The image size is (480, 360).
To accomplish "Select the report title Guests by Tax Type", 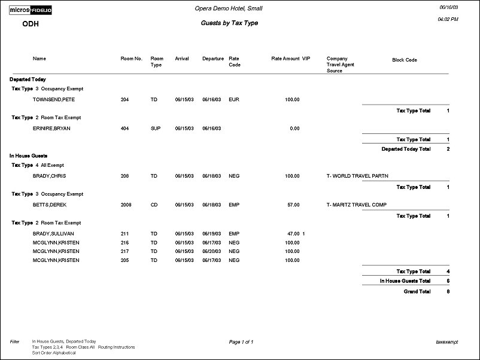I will pos(229,23).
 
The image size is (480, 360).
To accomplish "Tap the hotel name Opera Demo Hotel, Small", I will pos(229,8).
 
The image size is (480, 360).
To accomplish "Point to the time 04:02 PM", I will pos(448,19).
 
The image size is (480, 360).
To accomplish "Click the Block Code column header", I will pos(405,60).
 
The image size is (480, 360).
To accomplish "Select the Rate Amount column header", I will pos(285,59).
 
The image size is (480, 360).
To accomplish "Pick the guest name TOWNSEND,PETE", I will pos(54,99).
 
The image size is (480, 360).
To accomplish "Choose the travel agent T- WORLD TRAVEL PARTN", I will pos(357,176).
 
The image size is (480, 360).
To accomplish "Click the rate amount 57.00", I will pos(293,205).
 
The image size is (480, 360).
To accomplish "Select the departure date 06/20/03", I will pos(212,252).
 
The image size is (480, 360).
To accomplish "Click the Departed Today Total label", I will pos(406,149).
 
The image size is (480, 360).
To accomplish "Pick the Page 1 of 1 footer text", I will pos(241,342).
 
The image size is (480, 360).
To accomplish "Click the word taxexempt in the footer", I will pos(447,342).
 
